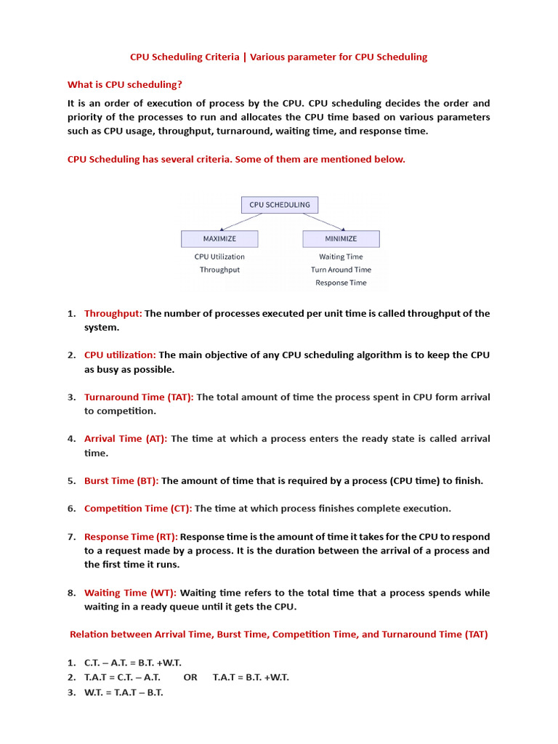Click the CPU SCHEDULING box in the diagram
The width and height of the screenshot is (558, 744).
click(279, 205)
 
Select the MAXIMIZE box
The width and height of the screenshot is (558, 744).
click(219, 238)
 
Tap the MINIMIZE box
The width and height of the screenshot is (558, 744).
click(341, 238)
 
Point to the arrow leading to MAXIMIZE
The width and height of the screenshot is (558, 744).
click(240, 222)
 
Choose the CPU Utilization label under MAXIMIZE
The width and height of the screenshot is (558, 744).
click(219, 256)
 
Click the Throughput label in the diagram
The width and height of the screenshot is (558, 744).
click(219, 270)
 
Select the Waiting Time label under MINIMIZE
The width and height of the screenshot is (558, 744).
click(341, 256)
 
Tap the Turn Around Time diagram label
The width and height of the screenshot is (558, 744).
click(341, 270)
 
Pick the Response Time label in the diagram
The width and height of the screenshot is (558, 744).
click(341, 283)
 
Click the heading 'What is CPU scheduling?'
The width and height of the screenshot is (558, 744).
click(124, 84)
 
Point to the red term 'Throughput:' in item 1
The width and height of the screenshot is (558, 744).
click(113, 313)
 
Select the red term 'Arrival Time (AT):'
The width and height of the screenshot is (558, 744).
click(126, 439)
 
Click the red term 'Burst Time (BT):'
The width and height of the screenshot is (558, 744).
click(121, 481)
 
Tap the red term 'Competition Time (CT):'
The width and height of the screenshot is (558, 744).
click(138, 509)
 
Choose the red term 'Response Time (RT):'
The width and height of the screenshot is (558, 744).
click(131, 537)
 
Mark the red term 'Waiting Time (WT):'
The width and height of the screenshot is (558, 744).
click(130, 593)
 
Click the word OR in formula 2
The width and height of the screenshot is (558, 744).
click(190, 677)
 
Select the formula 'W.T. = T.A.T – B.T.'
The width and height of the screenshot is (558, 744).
click(124, 692)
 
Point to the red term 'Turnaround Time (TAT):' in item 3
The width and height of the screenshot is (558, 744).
click(139, 397)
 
